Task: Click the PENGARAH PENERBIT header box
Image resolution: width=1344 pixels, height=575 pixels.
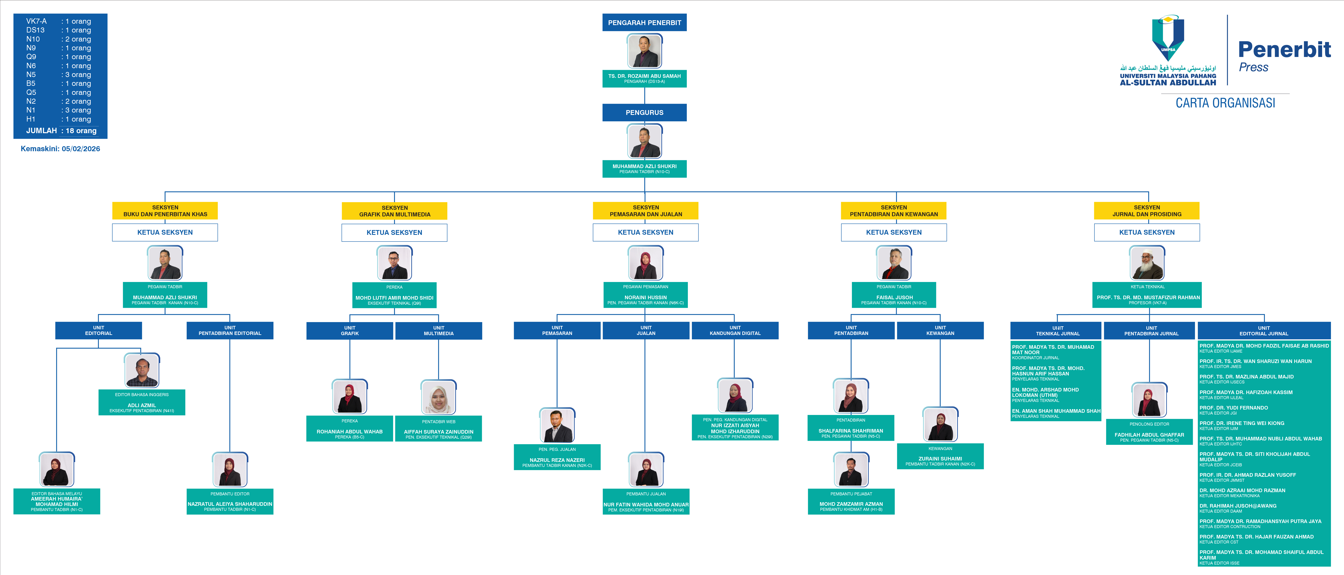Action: click(x=644, y=22)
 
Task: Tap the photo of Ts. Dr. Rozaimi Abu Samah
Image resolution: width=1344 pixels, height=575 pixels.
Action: click(x=644, y=51)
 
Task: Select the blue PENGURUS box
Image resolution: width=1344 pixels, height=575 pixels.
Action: click(x=644, y=113)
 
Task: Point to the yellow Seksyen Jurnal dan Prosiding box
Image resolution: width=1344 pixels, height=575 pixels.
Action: click(x=1147, y=211)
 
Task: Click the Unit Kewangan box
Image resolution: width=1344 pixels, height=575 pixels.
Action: click(x=940, y=331)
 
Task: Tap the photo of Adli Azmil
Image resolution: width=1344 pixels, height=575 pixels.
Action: click(x=142, y=371)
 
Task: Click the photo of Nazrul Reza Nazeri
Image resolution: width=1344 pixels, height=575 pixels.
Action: click(x=557, y=425)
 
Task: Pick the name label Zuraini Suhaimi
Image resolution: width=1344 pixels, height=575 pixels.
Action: click(x=940, y=459)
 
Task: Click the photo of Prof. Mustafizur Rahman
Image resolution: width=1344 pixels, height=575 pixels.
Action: click(x=1147, y=263)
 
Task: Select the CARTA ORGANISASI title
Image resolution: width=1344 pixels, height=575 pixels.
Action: click(x=1225, y=103)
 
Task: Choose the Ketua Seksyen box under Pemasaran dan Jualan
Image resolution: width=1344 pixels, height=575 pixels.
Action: click(x=645, y=232)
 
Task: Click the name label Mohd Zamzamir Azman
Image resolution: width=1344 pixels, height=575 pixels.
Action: click(x=851, y=504)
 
